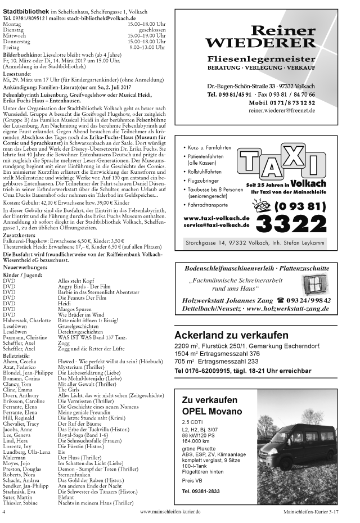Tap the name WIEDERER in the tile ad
click(x=260, y=43)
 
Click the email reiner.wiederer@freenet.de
click(x=281, y=111)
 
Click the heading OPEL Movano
click(x=212, y=411)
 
